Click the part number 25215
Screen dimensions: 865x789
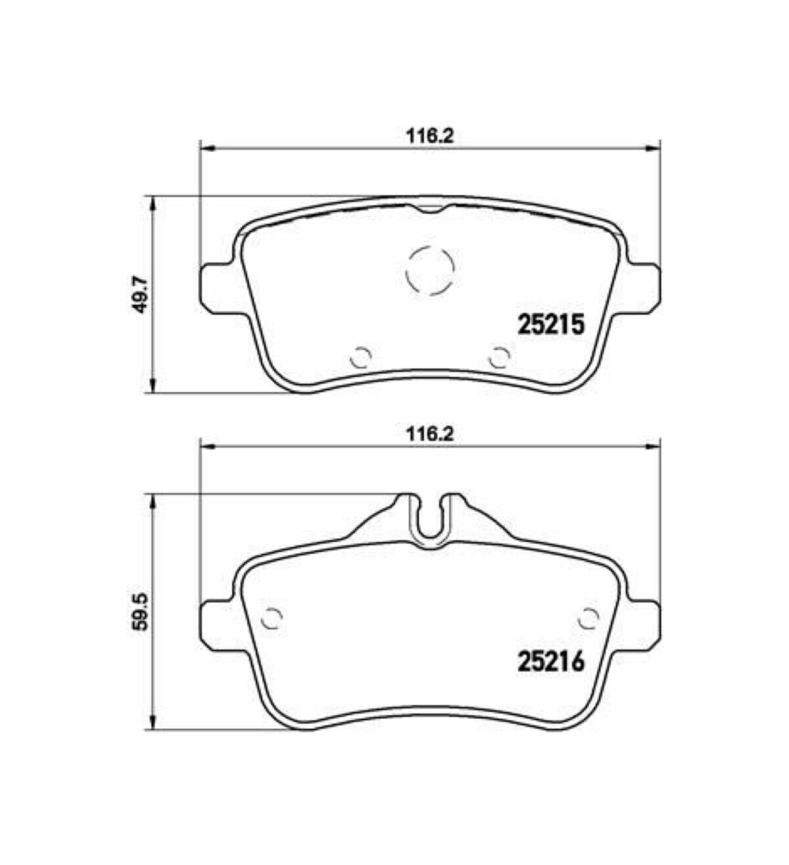click(x=551, y=324)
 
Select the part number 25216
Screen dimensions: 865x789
click(x=551, y=661)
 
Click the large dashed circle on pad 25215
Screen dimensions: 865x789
click(x=431, y=270)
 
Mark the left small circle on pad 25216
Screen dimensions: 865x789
click(x=272, y=618)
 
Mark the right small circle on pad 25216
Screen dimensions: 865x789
click(x=588, y=618)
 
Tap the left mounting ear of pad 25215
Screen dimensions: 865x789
click(x=216, y=284)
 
